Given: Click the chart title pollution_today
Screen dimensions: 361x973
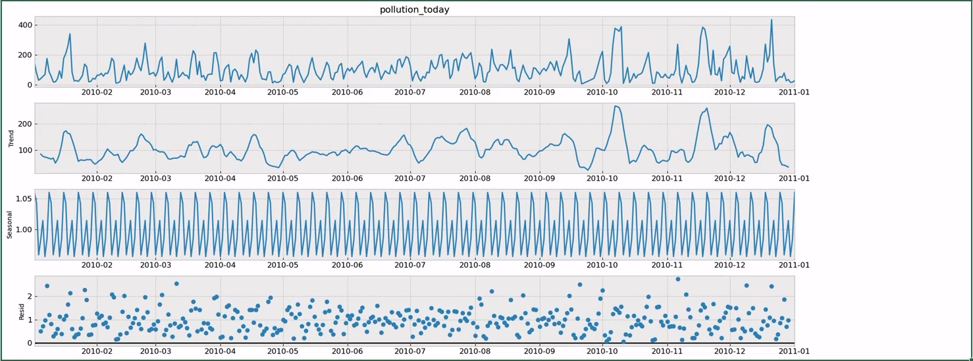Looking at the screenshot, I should [x=415, y=9].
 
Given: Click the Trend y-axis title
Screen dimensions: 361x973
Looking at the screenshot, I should [x=10, y=138].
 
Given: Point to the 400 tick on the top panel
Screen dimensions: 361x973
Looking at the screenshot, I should [x=26, y=25].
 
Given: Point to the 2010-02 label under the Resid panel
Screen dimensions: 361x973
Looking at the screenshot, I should [x=97, y=352].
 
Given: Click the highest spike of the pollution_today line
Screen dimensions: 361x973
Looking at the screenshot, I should [x=772, y=20].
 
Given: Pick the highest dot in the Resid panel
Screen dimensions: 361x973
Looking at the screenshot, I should [x=678, y=279].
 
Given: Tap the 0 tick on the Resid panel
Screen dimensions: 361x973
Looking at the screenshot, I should [x=29, y=343].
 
